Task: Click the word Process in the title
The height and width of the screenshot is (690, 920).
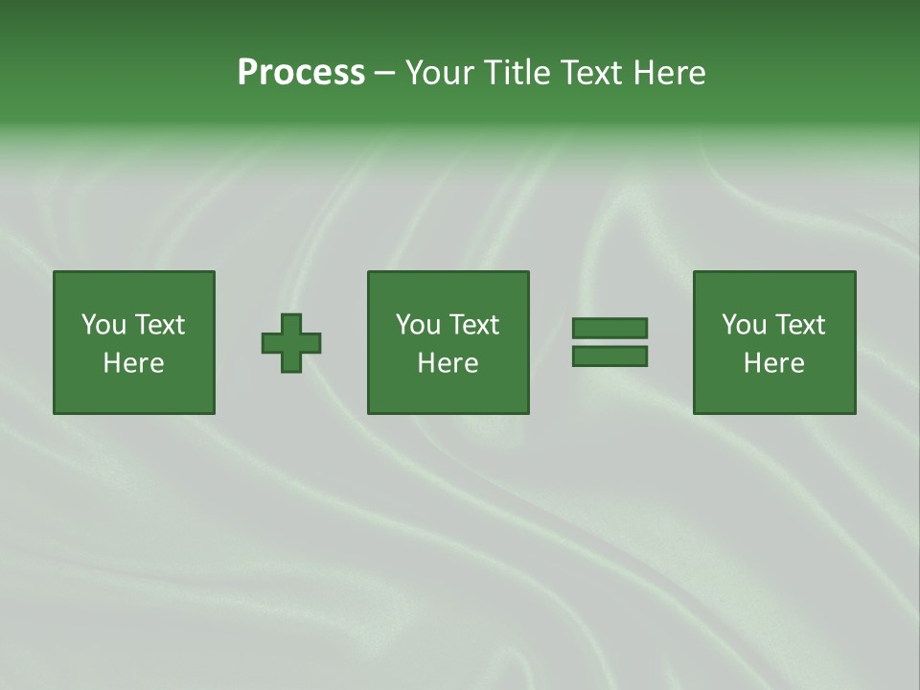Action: pos(301,73)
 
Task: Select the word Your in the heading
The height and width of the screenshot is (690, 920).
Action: pos(442,73)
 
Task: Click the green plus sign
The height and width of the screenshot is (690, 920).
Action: pos(291,343)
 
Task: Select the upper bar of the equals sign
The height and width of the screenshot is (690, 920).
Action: pos(609,328)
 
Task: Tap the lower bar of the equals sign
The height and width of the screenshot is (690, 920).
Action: pos(609,356)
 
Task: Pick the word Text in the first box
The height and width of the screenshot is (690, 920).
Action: pos(159,325)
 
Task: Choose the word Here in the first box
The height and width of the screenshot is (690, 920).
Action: pos(134,363)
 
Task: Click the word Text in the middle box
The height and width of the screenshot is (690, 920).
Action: pos(473,325)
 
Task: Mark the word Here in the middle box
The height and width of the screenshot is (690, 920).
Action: pos(448,363)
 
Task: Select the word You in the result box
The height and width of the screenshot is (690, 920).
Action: pos(744,325)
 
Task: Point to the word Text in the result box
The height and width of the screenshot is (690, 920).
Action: pos(799,325)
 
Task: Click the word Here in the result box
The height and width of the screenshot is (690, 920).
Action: pos(774,363)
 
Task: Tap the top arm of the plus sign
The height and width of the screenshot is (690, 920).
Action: pos(291,323)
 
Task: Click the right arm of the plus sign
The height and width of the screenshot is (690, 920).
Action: pos(311,343)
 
